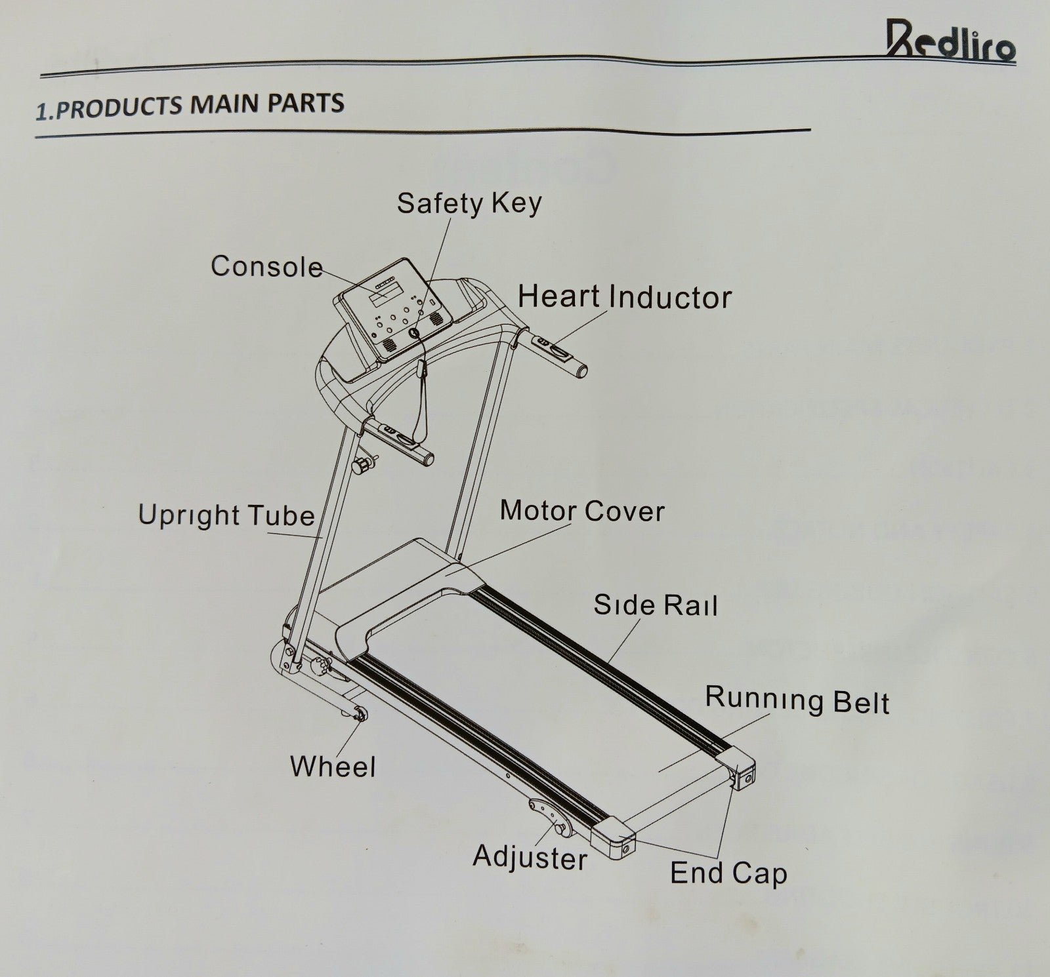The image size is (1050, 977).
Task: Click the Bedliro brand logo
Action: point(950,41)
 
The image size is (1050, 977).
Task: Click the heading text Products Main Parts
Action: point(190,106)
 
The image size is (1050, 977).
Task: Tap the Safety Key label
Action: point(469,203)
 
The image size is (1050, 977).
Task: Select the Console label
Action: point(266,267)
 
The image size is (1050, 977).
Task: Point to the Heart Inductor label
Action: point(624,297)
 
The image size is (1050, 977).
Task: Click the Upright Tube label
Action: point(226,515)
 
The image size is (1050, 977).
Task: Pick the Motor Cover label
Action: point(582,511)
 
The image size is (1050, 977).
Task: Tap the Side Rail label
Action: point(655,605)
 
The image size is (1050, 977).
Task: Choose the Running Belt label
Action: point(797,700)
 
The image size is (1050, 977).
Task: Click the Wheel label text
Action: point(333,767)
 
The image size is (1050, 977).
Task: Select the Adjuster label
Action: point(530,857)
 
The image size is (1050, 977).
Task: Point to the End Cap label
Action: point(728,873)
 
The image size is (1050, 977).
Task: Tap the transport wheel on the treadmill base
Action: point(358,715)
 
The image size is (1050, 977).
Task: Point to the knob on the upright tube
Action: point(361,466)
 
